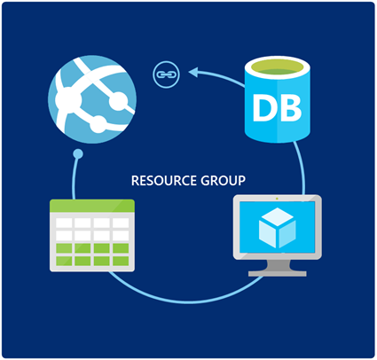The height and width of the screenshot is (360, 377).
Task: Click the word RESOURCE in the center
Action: point(164,181)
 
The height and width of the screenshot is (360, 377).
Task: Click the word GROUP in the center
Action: point(223,181)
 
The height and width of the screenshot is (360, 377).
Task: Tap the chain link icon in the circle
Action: point(166,74)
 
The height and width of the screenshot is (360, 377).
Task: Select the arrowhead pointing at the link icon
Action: point(193,72)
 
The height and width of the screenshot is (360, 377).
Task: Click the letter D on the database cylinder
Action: point(263,108)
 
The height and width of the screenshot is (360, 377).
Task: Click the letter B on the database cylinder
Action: point(291,108)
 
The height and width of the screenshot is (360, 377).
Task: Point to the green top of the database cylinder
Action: point(277,67)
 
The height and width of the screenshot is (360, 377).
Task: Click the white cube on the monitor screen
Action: point(277,228)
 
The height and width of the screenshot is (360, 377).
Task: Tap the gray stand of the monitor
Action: point(278,269)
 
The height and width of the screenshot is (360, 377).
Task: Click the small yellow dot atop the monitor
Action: point(277,199)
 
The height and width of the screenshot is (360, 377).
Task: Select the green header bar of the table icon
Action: point(92,206)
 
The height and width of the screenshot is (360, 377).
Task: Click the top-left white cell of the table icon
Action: point(64,223)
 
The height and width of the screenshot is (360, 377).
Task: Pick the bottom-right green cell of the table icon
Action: point(121,261)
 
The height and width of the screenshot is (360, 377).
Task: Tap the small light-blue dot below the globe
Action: point(78,154)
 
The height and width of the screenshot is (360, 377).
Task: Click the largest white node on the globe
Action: point(68,100)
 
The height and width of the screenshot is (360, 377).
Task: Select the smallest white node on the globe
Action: point(98,124)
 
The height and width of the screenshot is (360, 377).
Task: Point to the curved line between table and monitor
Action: point(185,301)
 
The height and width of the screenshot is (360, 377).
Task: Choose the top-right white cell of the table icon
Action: point(121,223)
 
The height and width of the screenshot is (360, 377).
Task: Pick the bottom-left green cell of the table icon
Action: point(64,261)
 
